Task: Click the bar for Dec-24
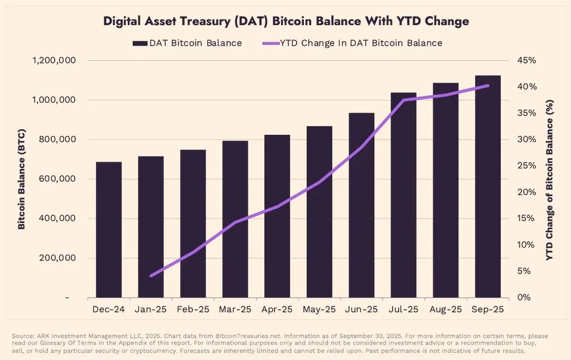(x=109, y=230)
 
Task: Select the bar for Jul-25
(x=403, y=195)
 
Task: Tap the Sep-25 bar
(x=488, y=187)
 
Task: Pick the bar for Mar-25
(x=235, y=219)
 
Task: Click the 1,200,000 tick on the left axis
(x=55, y=61)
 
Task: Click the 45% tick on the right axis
(x=526, y=61)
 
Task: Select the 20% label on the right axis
(x=526, y=192)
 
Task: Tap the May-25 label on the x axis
(x=319, y=309)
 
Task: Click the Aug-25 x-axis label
(x=446, y=309)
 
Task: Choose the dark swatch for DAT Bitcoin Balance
(x=139, y=43)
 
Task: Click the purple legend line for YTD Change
(x=270, y=43)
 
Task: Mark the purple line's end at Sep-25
(x=488, y=85)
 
